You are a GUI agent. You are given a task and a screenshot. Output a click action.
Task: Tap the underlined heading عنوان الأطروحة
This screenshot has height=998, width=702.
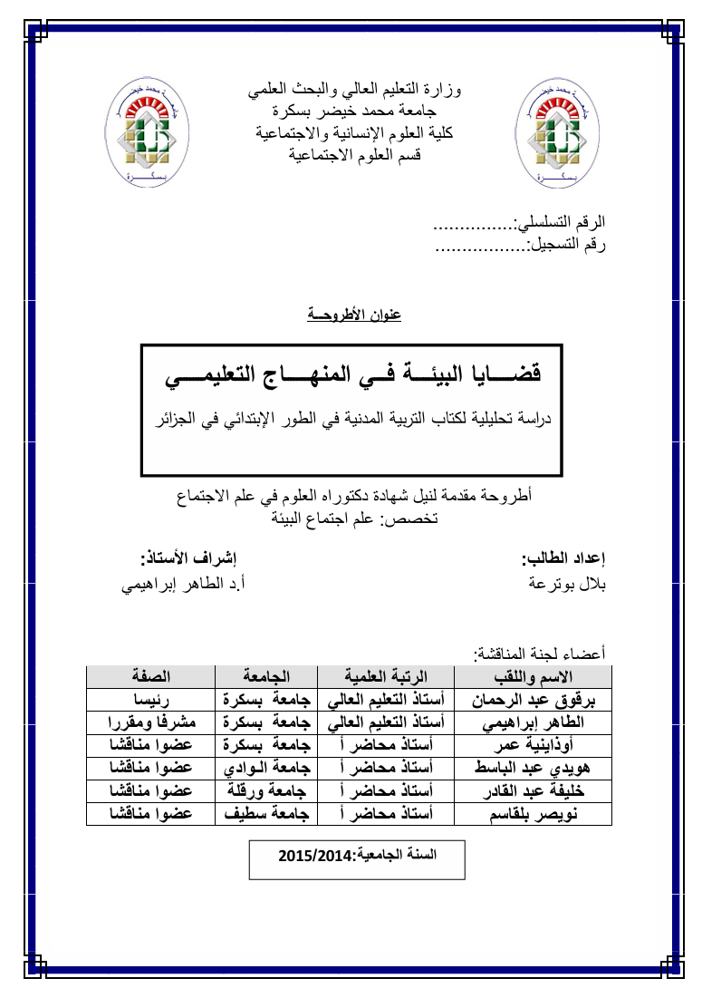pyautogui.click(x=353, y=315)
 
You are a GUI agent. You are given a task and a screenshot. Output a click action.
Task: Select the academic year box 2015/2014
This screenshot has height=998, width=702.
pyautogui.click(x=356, y=855)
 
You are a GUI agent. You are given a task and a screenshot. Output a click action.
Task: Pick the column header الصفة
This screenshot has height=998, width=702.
pyautogui.click(x=150, y=677)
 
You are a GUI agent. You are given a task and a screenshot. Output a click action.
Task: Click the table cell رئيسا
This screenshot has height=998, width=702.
pyautogui.click(x=150, y=700)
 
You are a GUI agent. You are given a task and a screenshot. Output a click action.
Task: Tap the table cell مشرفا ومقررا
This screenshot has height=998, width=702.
pyautogui.click(x=150, y=722)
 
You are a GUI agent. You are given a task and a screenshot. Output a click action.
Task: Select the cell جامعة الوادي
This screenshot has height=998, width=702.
pyautogui.click(x=266, y=768)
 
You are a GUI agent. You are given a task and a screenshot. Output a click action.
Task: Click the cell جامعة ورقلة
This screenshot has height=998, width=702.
pyautogui.click(x=266, y=790)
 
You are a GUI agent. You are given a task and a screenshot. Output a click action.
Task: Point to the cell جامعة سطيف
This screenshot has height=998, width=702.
pyautogui.click(x=266, y=813)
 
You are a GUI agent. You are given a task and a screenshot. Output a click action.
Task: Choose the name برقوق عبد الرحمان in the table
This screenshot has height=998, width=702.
pyautogui.click(x=534, y=700)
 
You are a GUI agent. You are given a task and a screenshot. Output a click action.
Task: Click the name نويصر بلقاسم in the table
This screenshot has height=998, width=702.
pyautogui.click(x=534, y=813)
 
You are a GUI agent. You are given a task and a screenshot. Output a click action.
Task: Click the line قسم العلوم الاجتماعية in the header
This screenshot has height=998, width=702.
pyautogui.click(x=355, y=154)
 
